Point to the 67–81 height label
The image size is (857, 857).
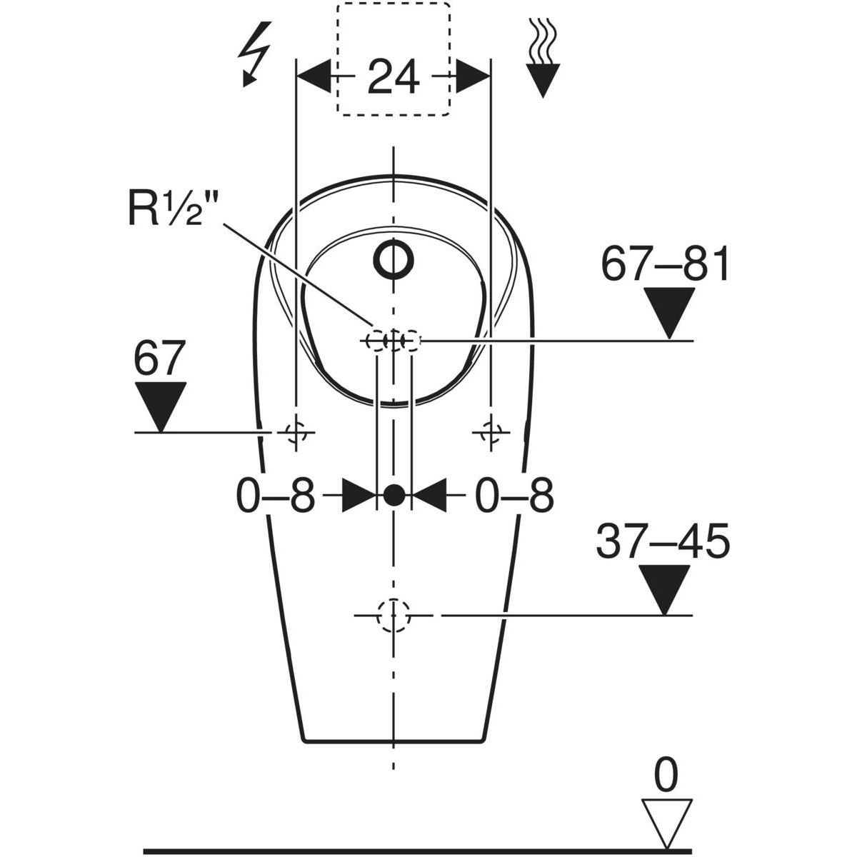click(665, 264)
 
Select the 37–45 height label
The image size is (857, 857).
click(663, 541)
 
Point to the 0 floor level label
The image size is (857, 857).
click(666, 777)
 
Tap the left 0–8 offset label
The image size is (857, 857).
click(275, 496)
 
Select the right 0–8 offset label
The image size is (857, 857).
click(514, 496)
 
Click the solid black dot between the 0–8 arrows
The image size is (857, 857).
click(394, 494)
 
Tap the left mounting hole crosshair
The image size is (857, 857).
click(295, 432)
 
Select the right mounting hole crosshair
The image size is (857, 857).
click(491, 432)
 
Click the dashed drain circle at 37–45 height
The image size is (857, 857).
click(394, 615)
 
